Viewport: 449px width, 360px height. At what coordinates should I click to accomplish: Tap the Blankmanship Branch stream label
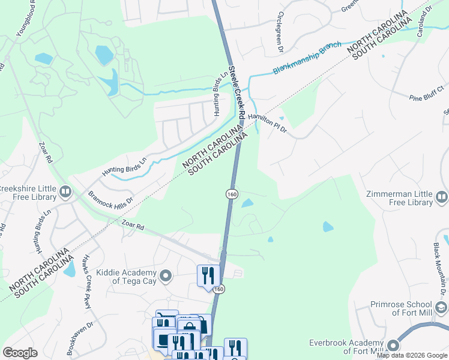point(307,58)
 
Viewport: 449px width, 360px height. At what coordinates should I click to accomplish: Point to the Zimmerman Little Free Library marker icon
point(442,196)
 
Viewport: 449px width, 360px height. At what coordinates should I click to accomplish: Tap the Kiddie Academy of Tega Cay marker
point(166,276)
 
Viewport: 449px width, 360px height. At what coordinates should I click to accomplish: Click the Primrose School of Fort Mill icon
point(441,308)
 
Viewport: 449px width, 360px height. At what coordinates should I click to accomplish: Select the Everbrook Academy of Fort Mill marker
point(393,346)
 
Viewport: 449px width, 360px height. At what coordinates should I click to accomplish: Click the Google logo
point(20,353)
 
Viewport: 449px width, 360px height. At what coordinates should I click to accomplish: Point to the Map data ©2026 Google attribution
point(412,355)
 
